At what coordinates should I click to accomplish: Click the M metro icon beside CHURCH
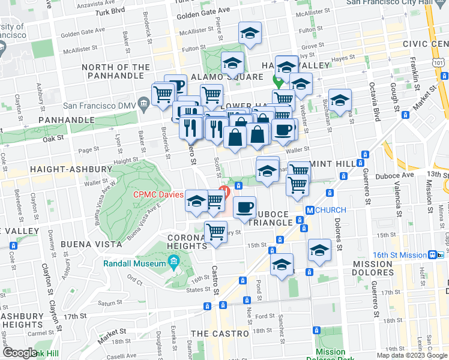click(x=310, y=211)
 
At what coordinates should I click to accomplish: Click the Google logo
click(x=19, y=353)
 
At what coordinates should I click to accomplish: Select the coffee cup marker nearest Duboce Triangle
click(x=244, y=208)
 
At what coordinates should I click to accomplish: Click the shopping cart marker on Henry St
click(x=215, y=232)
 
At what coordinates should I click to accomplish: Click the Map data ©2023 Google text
click(x=411, y=355)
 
